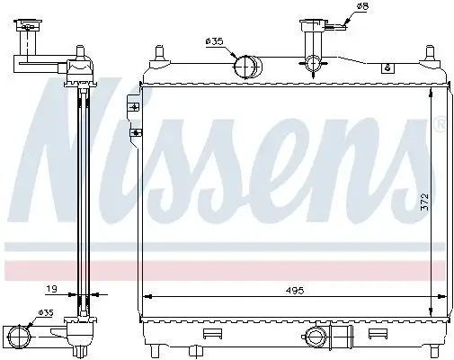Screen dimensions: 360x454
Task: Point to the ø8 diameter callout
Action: tap(363, 8)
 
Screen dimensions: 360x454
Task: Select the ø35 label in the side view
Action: tap(44, 314)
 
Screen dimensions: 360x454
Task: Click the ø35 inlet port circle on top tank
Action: tap(246, 67)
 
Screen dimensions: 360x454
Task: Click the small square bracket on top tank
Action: tap(387, 67)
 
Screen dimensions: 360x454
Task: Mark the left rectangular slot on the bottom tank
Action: tap(212, 334)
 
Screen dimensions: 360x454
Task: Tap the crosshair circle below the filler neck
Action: tap(314, 64)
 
